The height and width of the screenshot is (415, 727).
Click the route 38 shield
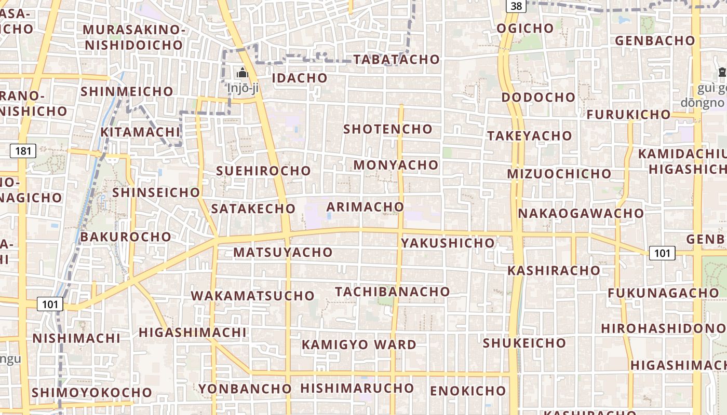pos(516,6)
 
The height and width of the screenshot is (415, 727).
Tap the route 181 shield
pos(23,151)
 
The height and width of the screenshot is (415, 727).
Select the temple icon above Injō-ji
pos(243,73)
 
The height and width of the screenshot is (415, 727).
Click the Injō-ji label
pos(243,88)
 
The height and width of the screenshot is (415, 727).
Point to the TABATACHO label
pos(396,60)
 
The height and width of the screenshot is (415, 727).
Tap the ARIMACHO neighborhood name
pos(365,207)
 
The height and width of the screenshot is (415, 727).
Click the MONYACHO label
pos(396,165)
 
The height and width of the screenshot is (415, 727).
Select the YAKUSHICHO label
pos(448,243)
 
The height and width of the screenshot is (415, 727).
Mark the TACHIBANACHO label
pos(392,292)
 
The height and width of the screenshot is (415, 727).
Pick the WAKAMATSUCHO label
pos(253,296)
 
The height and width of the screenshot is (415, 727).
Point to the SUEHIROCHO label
pos(263,171)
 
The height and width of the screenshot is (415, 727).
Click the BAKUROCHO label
pos(126,237)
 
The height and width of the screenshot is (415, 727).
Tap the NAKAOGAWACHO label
pos(581,213)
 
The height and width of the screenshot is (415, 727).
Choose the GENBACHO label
pos(655,40)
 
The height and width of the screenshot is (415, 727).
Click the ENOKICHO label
pos(468,391)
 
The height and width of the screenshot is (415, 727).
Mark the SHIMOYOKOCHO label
pos(91,392)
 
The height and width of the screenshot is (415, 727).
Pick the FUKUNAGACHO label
pos(663,293)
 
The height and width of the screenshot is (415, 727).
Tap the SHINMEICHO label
pos(127,91)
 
